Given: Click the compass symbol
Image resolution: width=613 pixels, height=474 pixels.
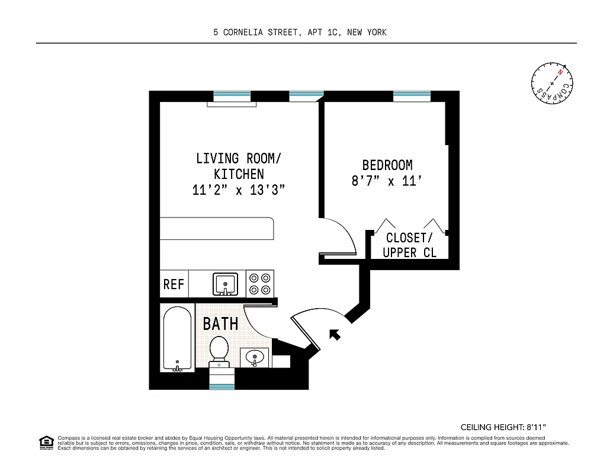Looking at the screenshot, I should coord(553,82).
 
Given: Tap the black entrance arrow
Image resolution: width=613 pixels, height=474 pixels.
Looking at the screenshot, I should coord(335,335).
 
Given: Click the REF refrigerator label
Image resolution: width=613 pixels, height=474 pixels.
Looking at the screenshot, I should coord(174,284).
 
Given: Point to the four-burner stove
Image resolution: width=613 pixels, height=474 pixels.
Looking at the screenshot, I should coord(260,283).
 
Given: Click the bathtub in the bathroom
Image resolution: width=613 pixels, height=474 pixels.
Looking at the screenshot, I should coord(177,338).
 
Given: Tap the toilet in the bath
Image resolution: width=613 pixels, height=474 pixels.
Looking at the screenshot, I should coord(219,350).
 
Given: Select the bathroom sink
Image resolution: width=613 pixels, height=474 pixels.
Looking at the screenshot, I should coord(255,358).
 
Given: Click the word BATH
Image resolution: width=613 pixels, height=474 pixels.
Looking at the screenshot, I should coord(220,324).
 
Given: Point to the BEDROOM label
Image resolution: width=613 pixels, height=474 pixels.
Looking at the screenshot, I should coord(387,165).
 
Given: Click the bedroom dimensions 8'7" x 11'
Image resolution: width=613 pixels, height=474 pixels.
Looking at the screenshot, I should coord(387,181).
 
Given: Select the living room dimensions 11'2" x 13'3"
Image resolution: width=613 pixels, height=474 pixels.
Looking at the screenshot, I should coord(239,190).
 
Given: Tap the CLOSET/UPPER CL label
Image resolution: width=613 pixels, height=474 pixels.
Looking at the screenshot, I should coord(409,245).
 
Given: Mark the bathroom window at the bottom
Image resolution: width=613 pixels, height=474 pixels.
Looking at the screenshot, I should coord(222,386).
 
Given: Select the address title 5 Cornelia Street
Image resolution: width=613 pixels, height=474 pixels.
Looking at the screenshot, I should coord(300,33).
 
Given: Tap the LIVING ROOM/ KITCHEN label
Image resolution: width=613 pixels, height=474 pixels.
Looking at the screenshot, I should coord(239,166).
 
